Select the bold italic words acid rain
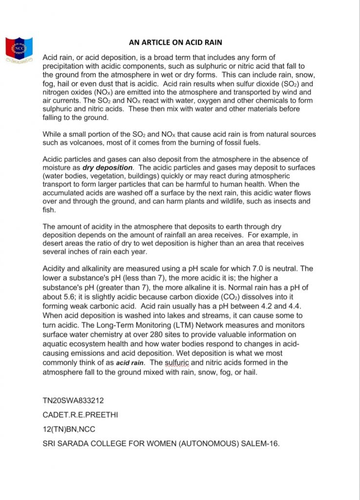[x=131, y=363]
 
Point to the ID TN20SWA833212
[x=73, y=405]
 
